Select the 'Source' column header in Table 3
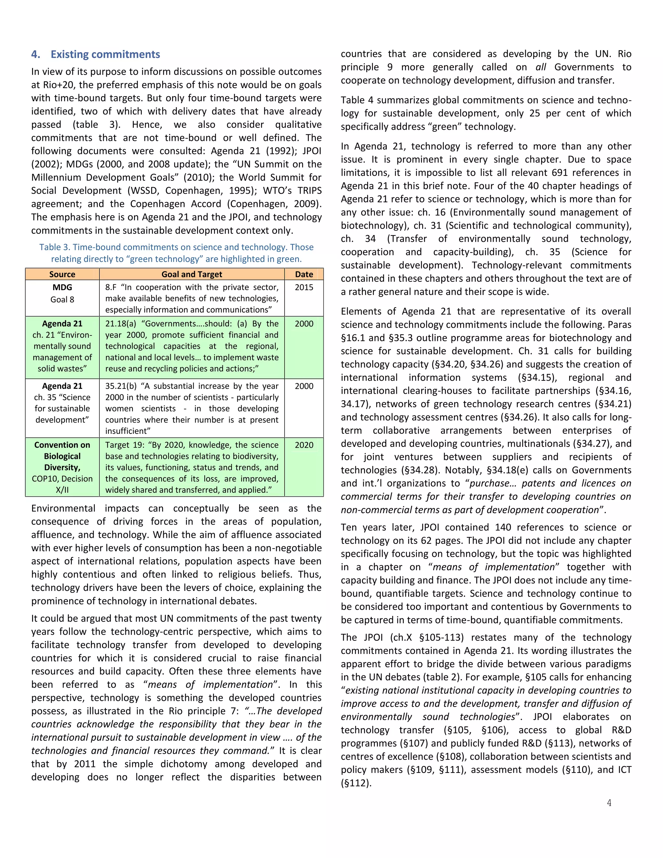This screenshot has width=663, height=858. coord(62,274)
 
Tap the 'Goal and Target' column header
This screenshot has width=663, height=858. coord(192,274)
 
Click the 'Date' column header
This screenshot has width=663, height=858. coord(304,274)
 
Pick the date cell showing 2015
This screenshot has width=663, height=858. coord(304,287)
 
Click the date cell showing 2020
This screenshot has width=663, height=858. coord(304,445)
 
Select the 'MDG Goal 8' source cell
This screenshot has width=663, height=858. coord(62,293)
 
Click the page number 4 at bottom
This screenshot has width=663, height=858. coord(609,803)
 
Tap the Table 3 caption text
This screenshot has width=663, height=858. coord(176,253)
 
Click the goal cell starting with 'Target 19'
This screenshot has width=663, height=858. coord(192,467)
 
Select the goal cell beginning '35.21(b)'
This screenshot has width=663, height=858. coord(192,408)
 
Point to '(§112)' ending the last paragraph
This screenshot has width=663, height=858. coord(356,783)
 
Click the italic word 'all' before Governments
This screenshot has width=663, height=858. coord(541,67)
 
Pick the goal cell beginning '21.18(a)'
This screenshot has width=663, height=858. coord(192,346)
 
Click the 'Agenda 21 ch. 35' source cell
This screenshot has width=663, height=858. coord(62,403)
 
